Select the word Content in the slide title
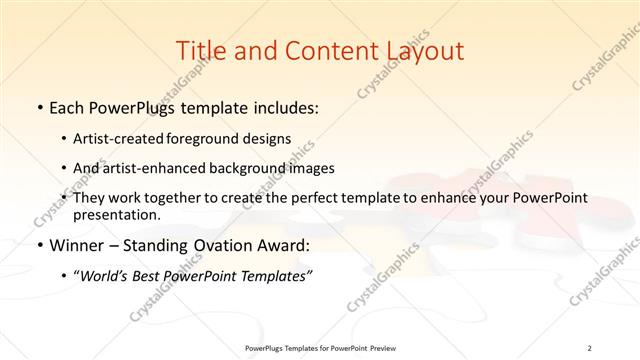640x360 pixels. (x=322, y=50)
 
